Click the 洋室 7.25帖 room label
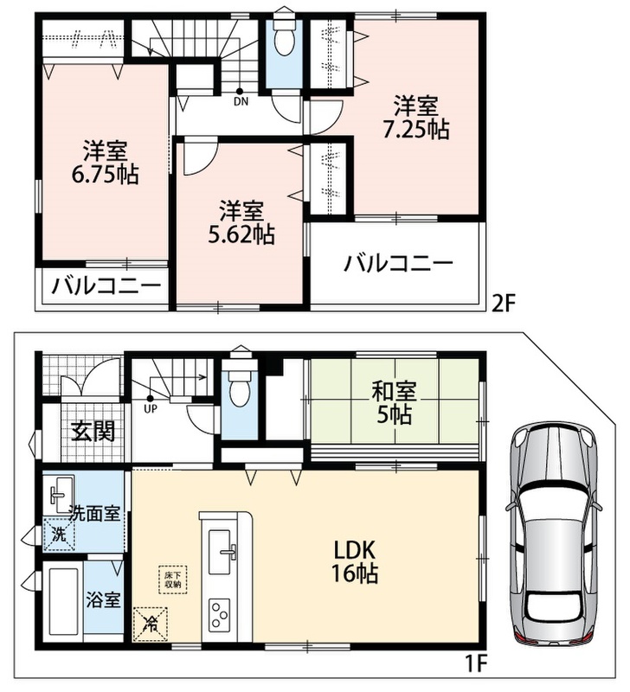(x=415, y=118)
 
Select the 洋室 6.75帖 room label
(x=105, y=162)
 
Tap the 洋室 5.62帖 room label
(x=241, y=222)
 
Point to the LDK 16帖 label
(x=355, y=562)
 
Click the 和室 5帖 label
(x=395, y=402)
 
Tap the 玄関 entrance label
(x=93, y=431)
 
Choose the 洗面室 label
(x=94, y=513)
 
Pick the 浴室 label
(x=103, y=599)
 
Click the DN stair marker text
(x=241, y=102)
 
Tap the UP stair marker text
(x=151, y=409)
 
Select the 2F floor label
(x=504, y=304)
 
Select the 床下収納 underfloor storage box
(x=172, y=580)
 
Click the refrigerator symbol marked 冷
(x=151, y=624)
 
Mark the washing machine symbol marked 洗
(x=59, y=535)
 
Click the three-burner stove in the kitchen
(x=220, y=613)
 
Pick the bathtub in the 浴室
(x=63, y=602)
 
